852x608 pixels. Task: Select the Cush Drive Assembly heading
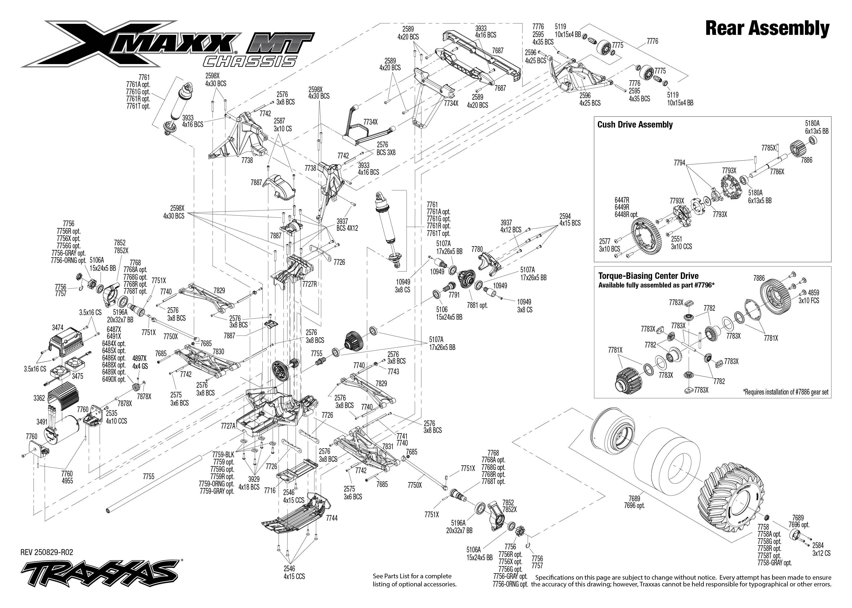[x=635, y=125]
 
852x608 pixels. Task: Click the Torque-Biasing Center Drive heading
[x=648, y=276]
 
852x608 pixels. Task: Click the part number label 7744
[x=332, y=518]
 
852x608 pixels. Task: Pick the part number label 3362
[x=39, y=398]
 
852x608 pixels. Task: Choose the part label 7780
[x=477, y=249]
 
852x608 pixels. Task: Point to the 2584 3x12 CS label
[x=821, y=549]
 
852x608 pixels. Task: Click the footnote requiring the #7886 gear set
[x=785, y=392]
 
